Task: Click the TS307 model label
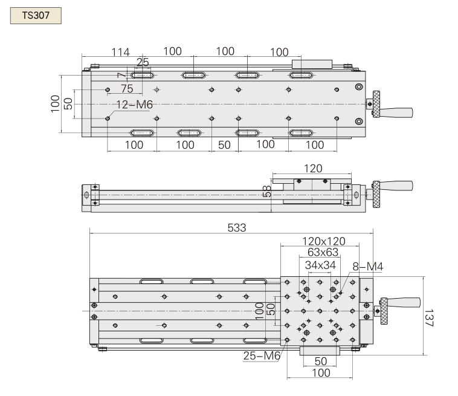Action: tap(36, 15)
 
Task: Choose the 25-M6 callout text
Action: tap(262, 356)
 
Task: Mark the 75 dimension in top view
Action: tap(126, 88)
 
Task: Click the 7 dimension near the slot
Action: tap(121, 74)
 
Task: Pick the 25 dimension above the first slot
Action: tap(143, 62)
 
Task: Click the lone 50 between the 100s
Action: tap(224, 145)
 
